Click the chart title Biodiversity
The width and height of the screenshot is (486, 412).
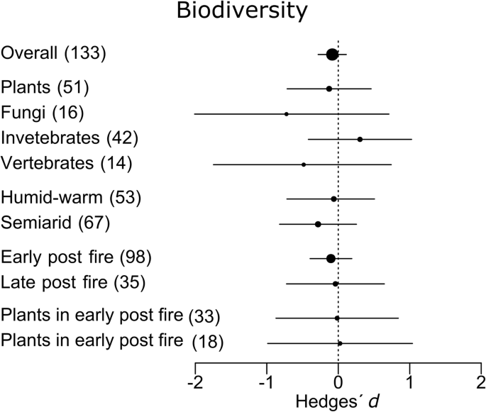(243, 13)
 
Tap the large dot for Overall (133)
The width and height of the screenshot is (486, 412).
(332, 55)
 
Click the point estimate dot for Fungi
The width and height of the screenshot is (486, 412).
(287, 113)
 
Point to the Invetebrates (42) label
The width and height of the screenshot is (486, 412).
(70, 138)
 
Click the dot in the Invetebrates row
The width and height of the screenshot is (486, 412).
(360, 139)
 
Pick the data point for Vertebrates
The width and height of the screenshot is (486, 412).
(304, 164)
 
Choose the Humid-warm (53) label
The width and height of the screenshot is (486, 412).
(72, 198)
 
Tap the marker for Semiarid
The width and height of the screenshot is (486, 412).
(318, 224)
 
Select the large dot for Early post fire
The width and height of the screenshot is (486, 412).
(331, 258)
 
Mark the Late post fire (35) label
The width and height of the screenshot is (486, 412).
(74, 282)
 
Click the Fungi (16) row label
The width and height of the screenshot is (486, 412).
(43, 113)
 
